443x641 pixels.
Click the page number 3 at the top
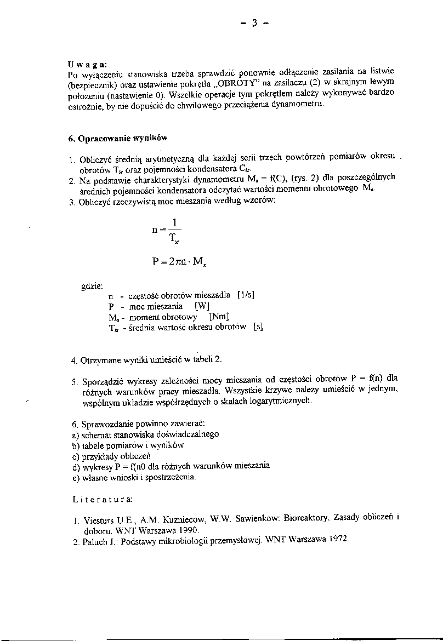click(x=254, y=23)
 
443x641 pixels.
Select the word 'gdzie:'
click(x=92, y=285)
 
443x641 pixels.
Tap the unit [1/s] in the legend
click(x=246, y=295)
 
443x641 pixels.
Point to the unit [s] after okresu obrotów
click(x=258, y=328)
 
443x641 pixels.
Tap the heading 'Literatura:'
click(x=102, y=499)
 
